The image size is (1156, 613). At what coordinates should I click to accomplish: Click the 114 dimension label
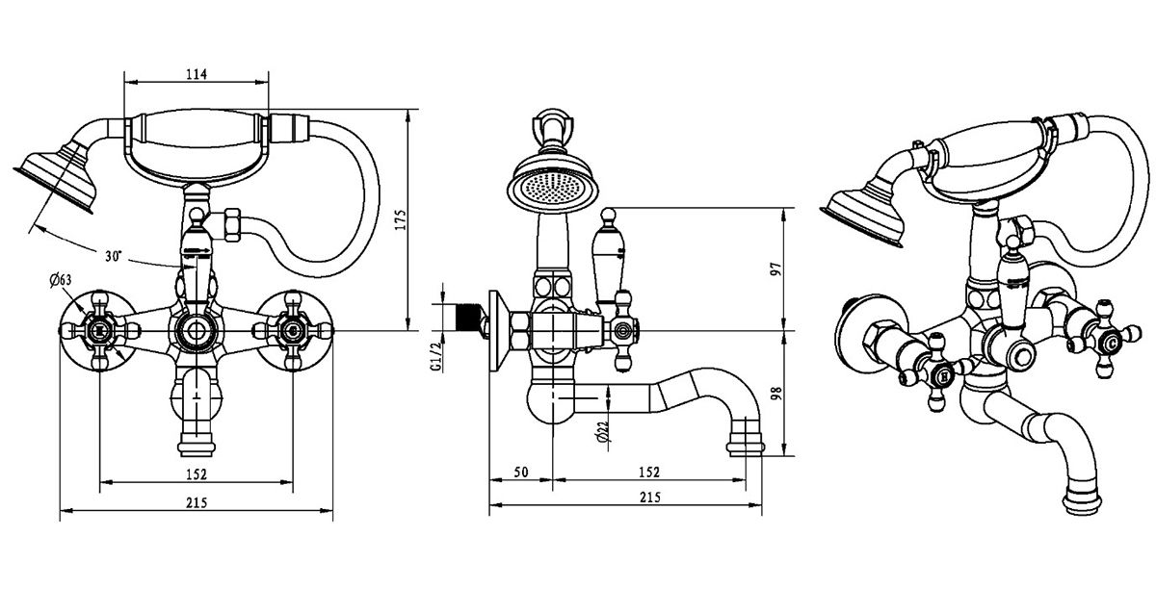tap(197, 74)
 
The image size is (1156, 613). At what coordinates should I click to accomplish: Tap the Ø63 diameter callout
tap(60, 281)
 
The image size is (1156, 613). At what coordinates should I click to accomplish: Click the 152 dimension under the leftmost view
tap(197, 473)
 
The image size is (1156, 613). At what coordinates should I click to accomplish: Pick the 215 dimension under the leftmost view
tap(197, 502)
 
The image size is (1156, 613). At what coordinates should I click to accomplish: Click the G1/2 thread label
tap(435, 353)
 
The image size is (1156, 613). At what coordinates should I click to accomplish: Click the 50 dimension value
tap(520, 473)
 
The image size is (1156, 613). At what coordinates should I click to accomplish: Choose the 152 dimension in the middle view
tap(648, 473)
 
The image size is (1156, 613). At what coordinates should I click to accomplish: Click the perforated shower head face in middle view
tap(550, 189)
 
